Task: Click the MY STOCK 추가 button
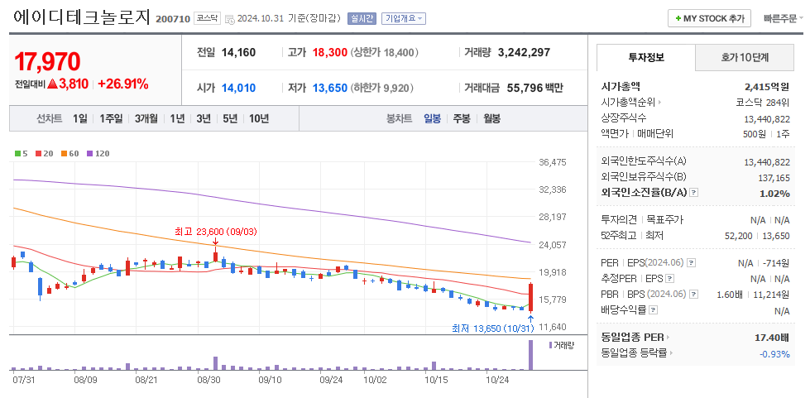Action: [x=709, y=18]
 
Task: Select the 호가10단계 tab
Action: [x=745, y=58]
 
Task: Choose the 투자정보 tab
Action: [x=646, y=58]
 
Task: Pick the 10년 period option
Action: [x=258, y=118]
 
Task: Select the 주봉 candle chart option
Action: [x=461, y=118]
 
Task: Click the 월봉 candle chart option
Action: [x=491, y=118]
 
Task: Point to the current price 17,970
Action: [x=47, y=61]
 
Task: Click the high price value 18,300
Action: [x=329, y=52]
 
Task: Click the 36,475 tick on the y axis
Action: [x=552, y=162]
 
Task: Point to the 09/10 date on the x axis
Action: [x=271, y=380]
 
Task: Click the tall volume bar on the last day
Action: [x=530, y=355]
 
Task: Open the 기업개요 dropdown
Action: [x=404, y=18]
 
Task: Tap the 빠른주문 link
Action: [x=780, y=18]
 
